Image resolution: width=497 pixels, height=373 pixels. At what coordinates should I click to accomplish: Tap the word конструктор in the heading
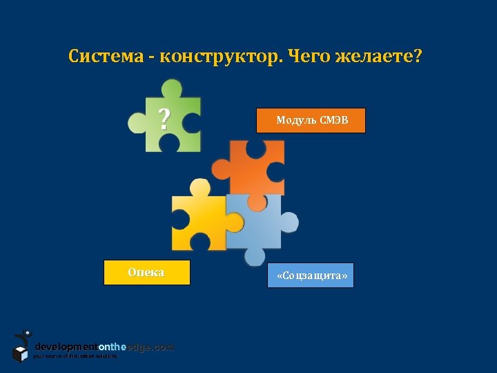point(221,56)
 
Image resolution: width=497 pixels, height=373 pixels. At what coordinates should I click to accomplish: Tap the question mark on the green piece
point(164,120)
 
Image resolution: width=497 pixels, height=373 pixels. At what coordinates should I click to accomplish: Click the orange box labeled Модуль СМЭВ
point(311,120)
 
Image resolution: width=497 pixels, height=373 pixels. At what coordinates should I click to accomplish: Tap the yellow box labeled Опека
point(146,273)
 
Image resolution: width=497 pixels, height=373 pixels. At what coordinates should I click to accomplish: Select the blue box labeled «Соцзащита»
point(311,276)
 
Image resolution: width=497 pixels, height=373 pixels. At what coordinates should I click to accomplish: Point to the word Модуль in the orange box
point(296,120)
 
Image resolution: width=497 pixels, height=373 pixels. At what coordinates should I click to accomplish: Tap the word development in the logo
point(66,347)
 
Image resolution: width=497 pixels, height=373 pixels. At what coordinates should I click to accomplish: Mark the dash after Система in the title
point(150,57)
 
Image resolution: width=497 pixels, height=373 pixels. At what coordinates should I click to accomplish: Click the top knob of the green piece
point(170,88)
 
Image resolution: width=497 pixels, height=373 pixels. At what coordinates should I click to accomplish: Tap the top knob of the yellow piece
point(200,187)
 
